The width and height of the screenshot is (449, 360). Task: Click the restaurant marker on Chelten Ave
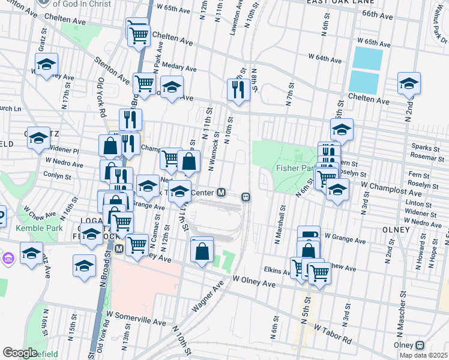pos(238,89)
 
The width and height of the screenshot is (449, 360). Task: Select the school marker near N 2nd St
pos(409,83)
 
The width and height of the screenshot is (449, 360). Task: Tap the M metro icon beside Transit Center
pos(221,193)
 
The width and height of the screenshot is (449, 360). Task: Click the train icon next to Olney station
pos(420,345)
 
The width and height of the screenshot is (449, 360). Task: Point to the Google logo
pos(20,353)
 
